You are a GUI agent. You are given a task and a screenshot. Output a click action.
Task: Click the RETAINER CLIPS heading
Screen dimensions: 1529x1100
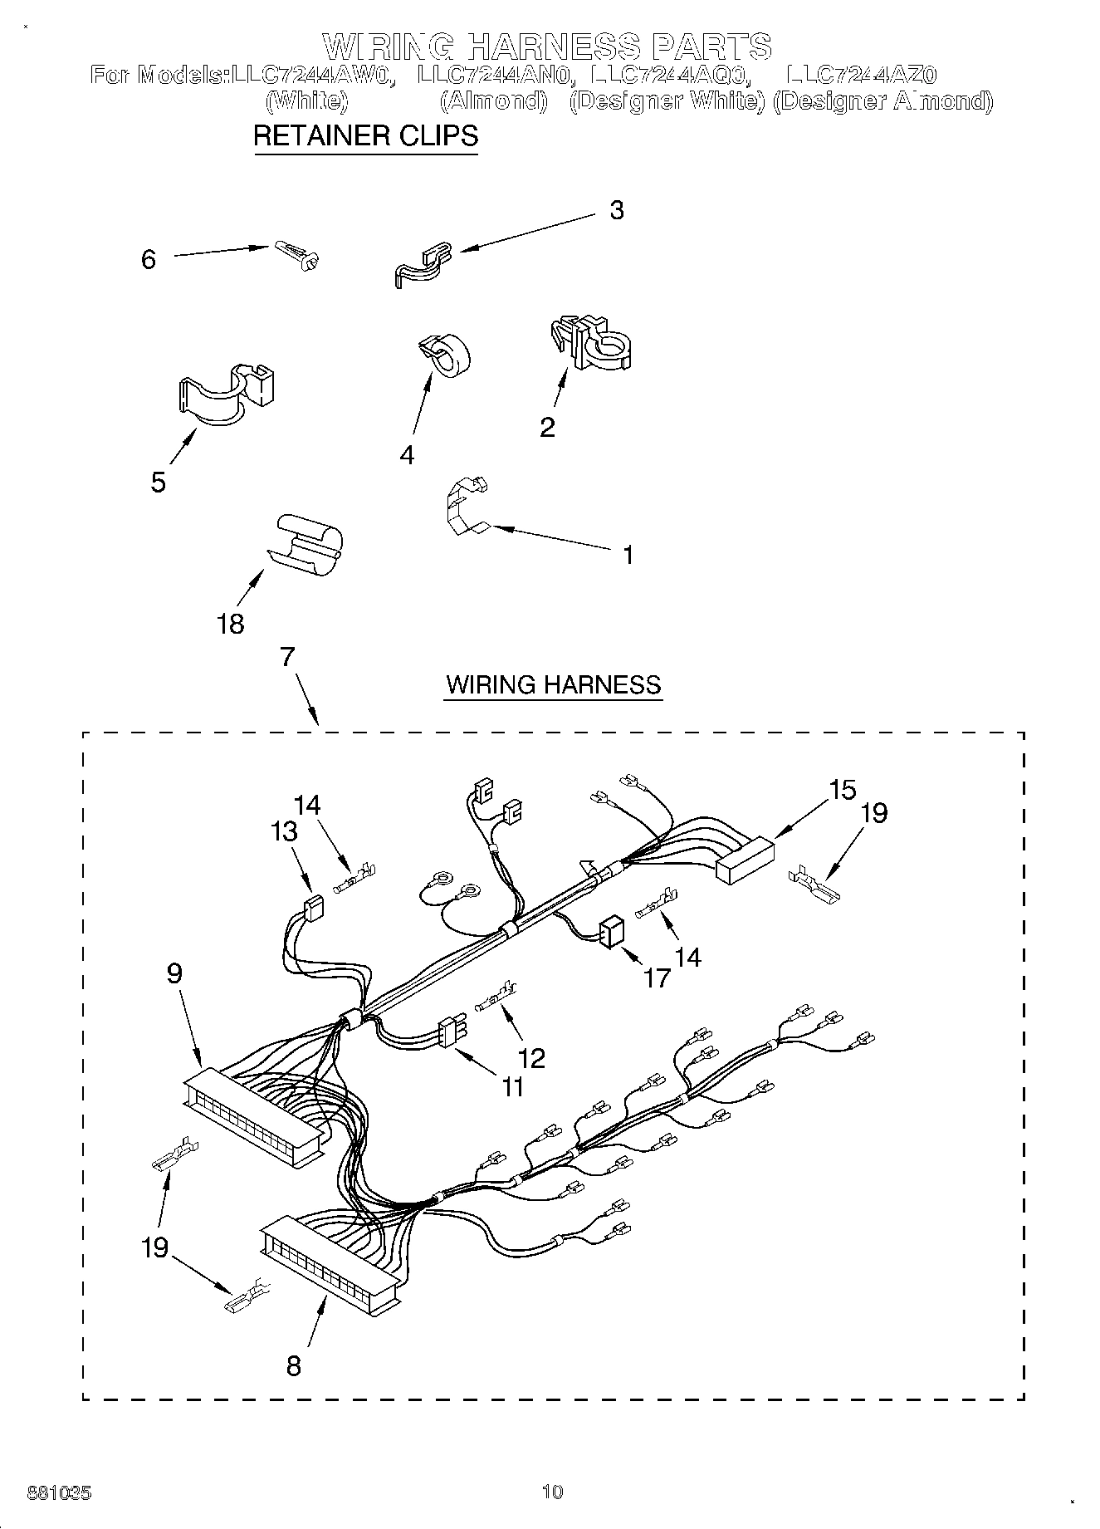365,135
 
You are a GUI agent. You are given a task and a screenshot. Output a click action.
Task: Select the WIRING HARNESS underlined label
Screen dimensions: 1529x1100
553,684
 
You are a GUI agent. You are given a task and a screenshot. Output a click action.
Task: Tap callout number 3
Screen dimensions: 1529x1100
616,210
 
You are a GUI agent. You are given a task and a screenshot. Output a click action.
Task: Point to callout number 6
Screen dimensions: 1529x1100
149,259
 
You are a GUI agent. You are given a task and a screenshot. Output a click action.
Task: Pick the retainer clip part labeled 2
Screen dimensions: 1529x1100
593,341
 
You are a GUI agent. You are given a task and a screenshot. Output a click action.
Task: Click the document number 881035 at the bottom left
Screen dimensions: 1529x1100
60,1492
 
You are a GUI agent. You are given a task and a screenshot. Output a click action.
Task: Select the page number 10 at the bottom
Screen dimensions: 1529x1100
551,1492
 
